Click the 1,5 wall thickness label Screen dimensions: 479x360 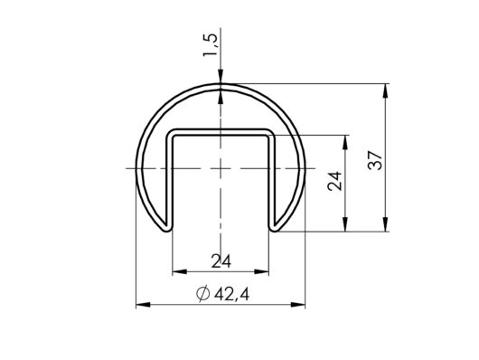[211, 44]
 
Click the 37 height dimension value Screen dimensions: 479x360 [375, 160]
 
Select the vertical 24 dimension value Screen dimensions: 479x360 [334, 181]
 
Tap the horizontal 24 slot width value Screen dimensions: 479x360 [221, 261]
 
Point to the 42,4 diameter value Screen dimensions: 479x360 [232, 295]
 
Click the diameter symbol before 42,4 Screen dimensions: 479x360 [202, 294]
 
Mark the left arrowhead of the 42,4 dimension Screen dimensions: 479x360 [143, 305]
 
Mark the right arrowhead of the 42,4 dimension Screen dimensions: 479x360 [298, 305]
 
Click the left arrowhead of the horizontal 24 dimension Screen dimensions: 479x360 [180, 271]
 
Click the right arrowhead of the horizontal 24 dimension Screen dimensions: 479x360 [262, 271]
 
